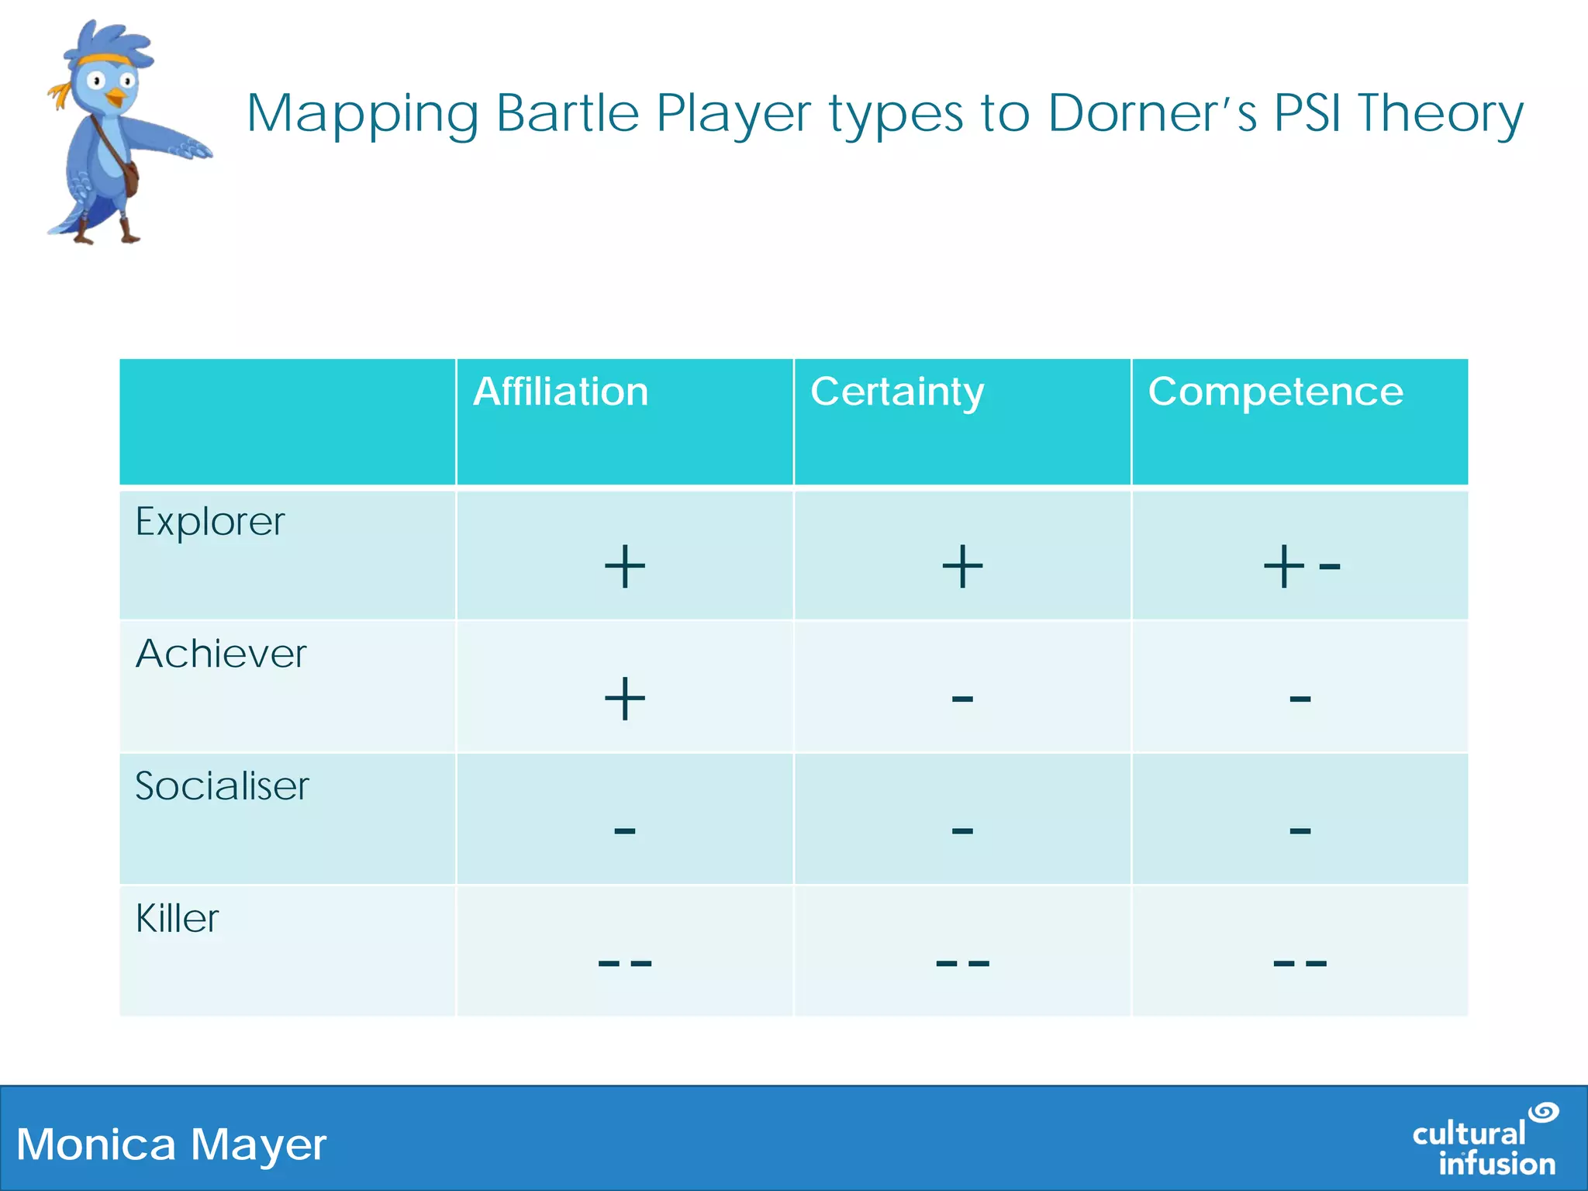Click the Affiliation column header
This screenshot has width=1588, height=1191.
click(560, 392)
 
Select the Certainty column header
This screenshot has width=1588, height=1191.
click(897, 392)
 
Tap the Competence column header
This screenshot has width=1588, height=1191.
click(1276, 392)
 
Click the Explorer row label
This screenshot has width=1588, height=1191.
click(210, 522)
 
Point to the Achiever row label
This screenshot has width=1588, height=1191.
click(221, 654)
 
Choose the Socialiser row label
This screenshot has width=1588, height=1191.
click(222, 786)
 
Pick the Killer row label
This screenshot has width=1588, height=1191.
click(177, 919)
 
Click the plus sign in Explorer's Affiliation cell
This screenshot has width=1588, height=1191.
click(624, 567)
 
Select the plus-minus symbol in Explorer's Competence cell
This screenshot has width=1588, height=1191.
click(1300, 567)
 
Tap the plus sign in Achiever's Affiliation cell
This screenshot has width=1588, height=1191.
click(624, 699)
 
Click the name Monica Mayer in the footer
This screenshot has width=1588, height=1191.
click(171, 1144)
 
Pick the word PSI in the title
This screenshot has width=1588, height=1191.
click(1307, 114)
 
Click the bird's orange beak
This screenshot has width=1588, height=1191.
click(115, 98)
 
